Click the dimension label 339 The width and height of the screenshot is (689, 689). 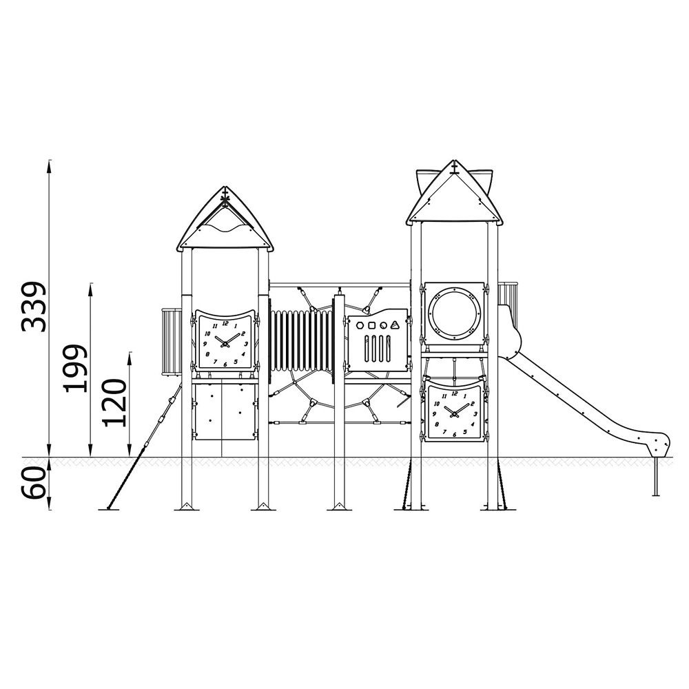33,307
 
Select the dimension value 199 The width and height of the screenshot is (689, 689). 75,368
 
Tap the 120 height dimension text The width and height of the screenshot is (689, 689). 114,402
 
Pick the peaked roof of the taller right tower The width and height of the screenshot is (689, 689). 455,194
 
